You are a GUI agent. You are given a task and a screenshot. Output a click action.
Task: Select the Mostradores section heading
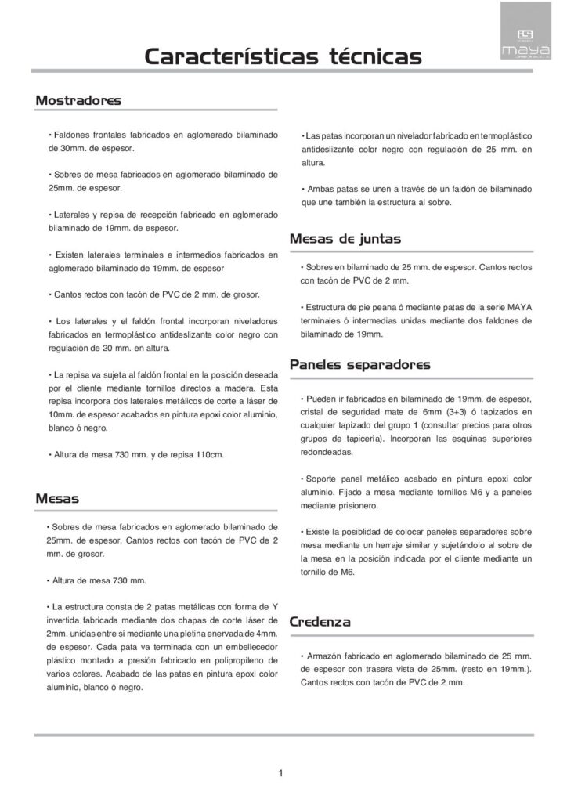[x=78, y=100]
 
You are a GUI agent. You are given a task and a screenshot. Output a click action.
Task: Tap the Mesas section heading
[x=57, y=497]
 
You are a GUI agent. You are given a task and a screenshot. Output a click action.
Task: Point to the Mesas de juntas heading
[x=345, y=238]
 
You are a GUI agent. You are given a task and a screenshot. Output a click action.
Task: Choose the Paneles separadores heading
[x=359, y=365]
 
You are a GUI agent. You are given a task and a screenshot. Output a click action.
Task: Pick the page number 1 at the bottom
[x=280, y=774]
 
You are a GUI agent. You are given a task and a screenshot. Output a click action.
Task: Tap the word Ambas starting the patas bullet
[x=320, y=189]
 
